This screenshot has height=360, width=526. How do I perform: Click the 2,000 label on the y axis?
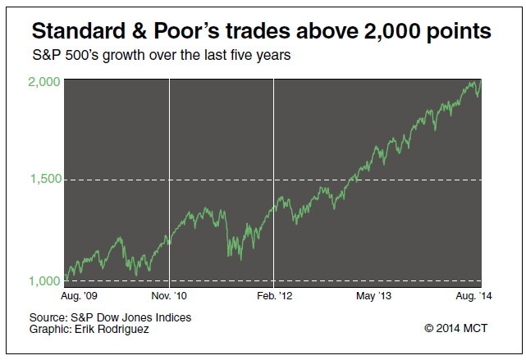tap(44, 82)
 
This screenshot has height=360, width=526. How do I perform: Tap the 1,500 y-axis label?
tap(46, 179)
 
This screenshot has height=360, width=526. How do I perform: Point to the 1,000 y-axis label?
tap(44, 281)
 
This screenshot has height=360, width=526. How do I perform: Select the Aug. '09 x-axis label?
tap(79, 296)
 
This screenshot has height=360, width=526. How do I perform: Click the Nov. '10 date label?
tap(169, 296)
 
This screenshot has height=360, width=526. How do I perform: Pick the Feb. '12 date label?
tap(275, 296)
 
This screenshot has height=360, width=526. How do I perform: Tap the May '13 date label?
tap(373, 296)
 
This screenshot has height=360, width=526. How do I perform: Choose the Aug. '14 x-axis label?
tap(473, 296)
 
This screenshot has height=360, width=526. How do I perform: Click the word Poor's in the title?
tap(187, 31)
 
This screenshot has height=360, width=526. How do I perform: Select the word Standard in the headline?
tap(79, 31)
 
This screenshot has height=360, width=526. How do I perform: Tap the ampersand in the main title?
tap(140, 31)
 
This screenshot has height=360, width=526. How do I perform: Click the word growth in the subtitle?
tap(123, 55)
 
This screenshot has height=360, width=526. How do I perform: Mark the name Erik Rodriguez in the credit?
tap(112, 329)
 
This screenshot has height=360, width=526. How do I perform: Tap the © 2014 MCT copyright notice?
tap(456, 328)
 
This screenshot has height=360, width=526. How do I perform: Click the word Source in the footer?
tap(48, 317)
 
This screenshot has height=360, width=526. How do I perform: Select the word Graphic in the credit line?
tap(51, 329)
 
